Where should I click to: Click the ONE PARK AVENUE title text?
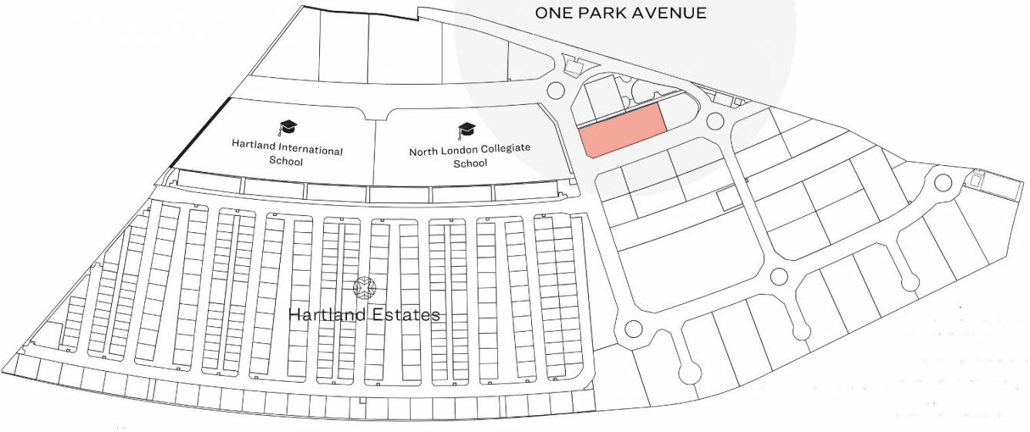coord(621,13)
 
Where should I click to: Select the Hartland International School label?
coord(287,155)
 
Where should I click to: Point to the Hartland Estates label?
coord(364,315)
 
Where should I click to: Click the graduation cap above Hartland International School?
coord(287,127)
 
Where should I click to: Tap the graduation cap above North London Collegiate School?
coord(466,129)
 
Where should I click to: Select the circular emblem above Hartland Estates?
coord(363,288)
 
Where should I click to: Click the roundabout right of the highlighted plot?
coord(715,121)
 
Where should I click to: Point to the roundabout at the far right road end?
coord(942,183)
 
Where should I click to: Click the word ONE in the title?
coord(552,13)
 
